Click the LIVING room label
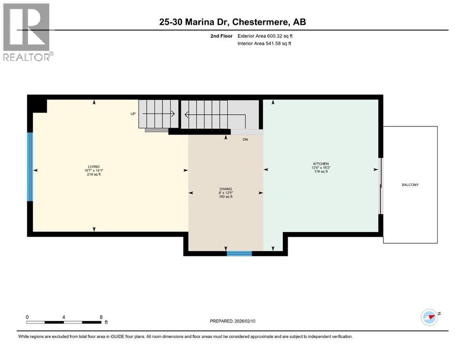[x=94, y=167]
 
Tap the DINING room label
[x=225, y=189]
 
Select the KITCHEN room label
[x=321, y=164]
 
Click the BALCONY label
[x=410, y=185]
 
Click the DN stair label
[x=245, y=139]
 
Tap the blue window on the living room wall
[x=30, y=166]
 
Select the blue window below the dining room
[x=239, y=254]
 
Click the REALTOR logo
[x=28, y=32]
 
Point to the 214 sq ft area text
[x=94, y=174]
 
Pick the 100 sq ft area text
[x=225, y=197]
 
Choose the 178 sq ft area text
[x=321, y=172]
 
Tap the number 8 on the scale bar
[x=101, y=317]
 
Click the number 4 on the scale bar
[x=63, y=317]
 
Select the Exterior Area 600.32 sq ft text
[x=266, y=36]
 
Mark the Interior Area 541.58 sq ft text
[x=265, y=44]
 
